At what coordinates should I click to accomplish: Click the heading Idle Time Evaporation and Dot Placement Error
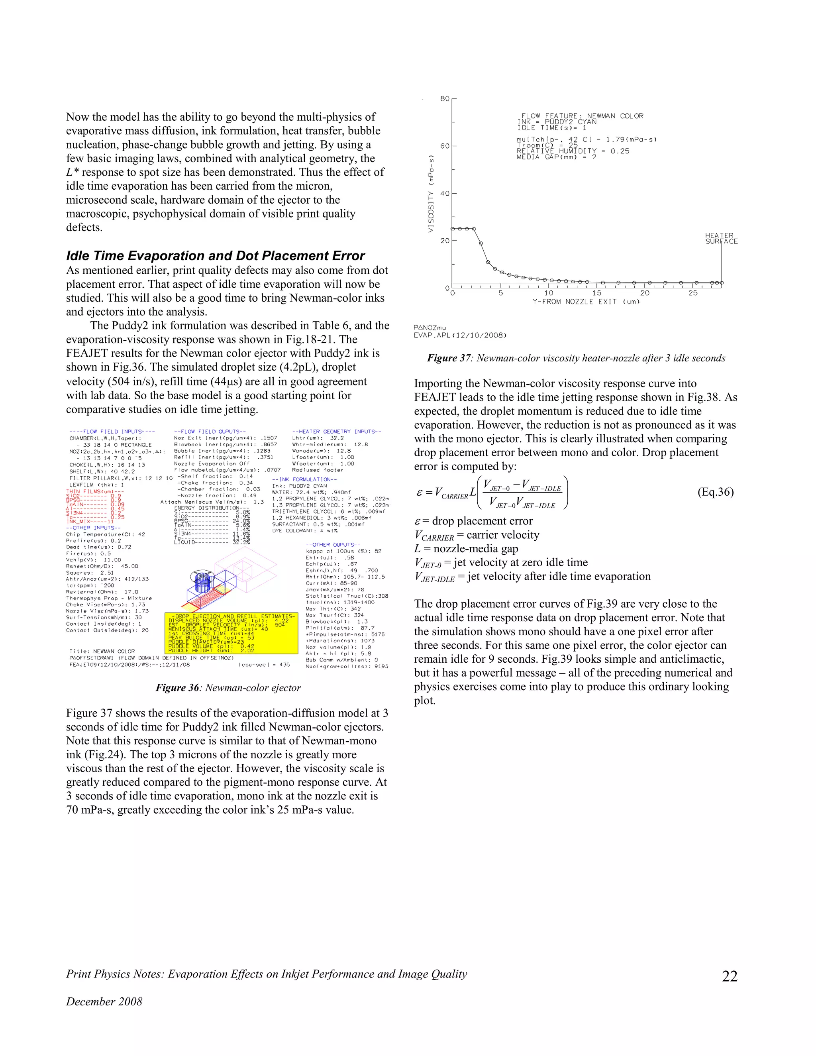pos(215,256)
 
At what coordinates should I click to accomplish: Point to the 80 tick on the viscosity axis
pos(444,99)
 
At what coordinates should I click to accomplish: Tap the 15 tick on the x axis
pos(596,293)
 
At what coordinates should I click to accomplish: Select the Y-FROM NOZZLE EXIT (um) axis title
pos(586,302)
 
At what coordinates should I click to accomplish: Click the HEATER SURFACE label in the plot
pos(721,238)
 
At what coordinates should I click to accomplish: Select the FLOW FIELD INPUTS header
pos(112,431)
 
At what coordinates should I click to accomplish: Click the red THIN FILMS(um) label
pos(95,491)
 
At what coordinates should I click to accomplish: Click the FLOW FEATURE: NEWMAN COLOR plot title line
pos(582,116)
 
